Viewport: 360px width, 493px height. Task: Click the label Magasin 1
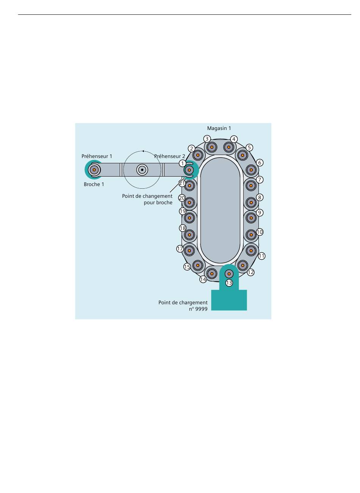pos(219,128)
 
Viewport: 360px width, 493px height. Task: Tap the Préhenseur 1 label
pos(97,156)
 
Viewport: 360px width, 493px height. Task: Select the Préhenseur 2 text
pos(169,156)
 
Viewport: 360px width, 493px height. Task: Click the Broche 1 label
pos(94,185)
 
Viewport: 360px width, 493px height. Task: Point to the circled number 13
pos(229,283)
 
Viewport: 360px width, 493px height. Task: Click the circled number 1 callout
pos(182,163)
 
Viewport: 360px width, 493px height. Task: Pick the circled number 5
pos(249,147)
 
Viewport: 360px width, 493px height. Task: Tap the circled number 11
pos(261,256)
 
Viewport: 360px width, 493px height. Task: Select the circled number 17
pos(180,249)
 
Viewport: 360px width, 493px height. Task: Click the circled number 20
pos(182,198)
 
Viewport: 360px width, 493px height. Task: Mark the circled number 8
pos(260,197)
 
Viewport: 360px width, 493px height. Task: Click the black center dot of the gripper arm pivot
pos(142,170)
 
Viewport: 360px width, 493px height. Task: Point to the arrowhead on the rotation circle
pos(143,151)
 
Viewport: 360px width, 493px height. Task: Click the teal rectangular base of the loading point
pos(229,300)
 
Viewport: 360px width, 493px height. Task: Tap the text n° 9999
pos(198,309)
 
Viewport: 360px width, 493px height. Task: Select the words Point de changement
pos(147,196)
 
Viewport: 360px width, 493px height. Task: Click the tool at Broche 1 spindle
pos(94,170)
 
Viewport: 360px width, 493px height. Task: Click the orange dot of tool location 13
pos(229,274)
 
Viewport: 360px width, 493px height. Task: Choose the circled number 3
pos(207,139)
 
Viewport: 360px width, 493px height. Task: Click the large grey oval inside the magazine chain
pos(220,210)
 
